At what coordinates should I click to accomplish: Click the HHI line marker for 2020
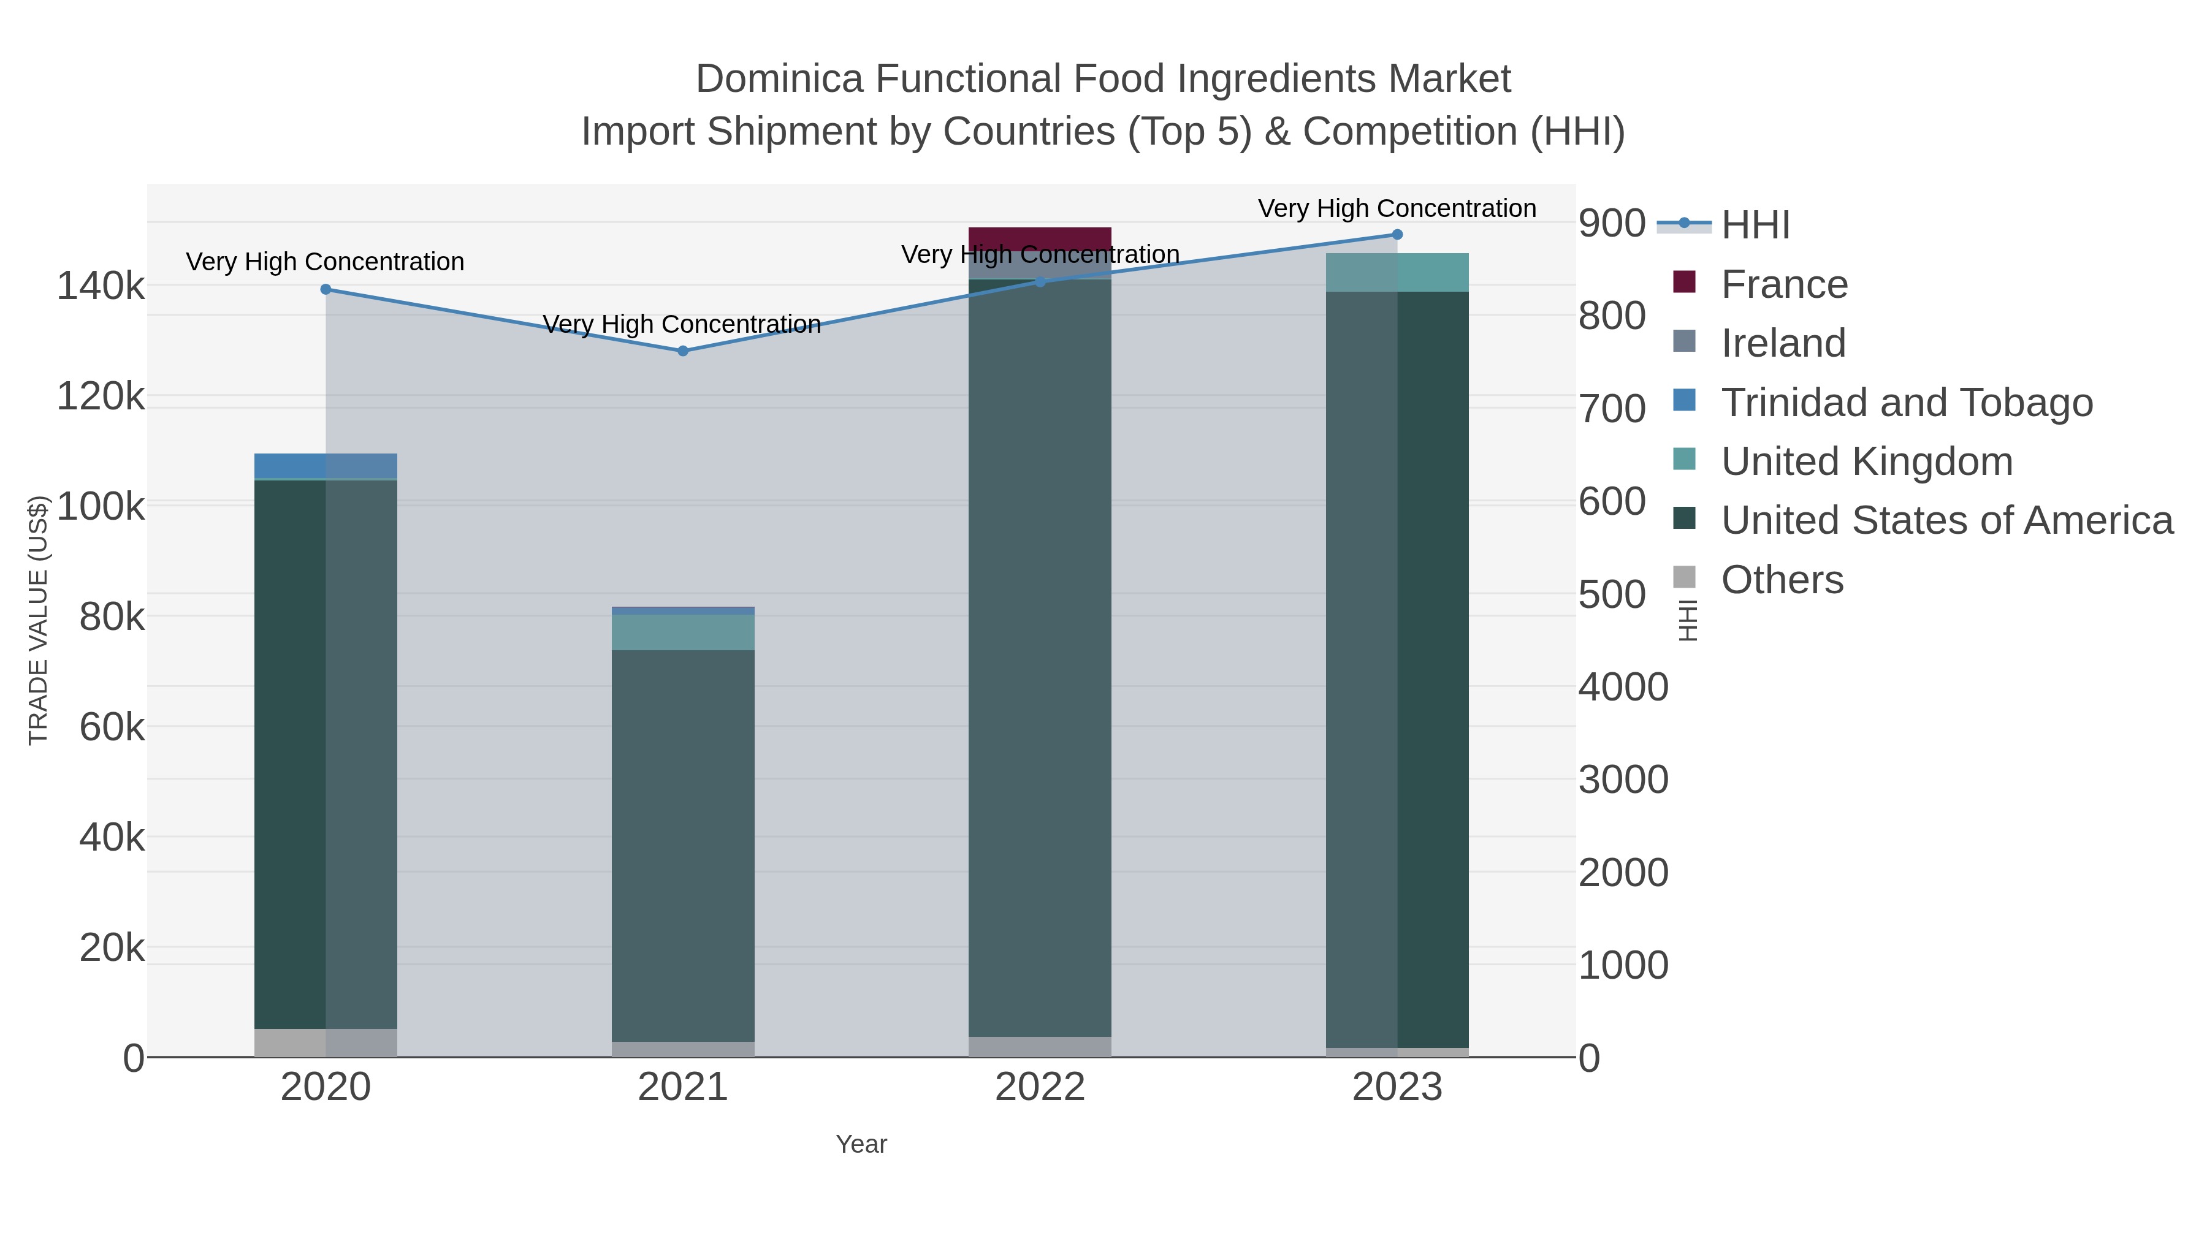[x=326, y=289]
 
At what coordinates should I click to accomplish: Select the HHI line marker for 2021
[x=683, y=351]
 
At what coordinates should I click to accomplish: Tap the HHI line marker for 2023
[x=1397, y=235]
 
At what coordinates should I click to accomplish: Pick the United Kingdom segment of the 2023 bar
[x=1397, y=272]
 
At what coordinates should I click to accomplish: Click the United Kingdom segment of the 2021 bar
[x=683, y=632]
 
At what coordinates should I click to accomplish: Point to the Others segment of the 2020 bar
[x=326, y=1042]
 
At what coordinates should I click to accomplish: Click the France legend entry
[x=1784, y=284]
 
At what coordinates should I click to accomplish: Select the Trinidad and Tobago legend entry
[x=1906, y=403]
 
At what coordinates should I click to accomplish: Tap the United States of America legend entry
[x=1946, y=521]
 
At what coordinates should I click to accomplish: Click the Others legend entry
[x=1782, y=580]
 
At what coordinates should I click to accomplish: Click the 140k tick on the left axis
[x=101, y=286]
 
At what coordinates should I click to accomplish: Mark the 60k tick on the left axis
[x=112, y=728]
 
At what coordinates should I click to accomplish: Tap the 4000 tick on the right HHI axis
[x=1623, y=687]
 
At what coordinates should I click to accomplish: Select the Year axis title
[x=861, y=1144]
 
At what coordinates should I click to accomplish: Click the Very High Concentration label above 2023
[x=1397, y=209]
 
